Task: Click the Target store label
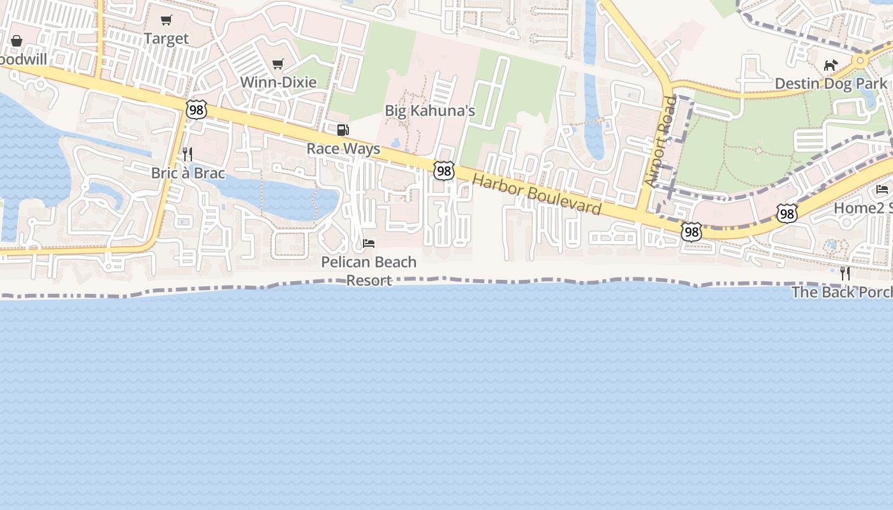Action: click(x=166, y=39)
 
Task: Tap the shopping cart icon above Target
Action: click(x=166, y=20)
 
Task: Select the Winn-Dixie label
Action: click(x=278, y=82)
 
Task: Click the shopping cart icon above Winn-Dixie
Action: click(x=277, y=64)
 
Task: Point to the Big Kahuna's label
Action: click(x=430, y=111)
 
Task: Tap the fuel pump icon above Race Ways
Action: click(x=343, y=130)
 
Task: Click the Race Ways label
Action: click(x=343, y=149)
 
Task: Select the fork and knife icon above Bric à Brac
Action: click(x=188, y=154)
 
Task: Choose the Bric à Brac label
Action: click(x=188, y=173)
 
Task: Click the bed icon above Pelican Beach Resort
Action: click(x=369, y=244)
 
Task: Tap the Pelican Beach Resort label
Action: click(x=369, y=271)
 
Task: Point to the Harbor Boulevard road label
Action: click(x=536, y=194)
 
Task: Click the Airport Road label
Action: click(x=660, y=142)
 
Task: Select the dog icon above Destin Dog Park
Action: click(x=830, y=65)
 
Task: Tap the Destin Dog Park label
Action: click(x=830, y=84)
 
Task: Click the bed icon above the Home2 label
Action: click(x=882, y=189)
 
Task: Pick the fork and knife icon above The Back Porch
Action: click(x=845, y=273)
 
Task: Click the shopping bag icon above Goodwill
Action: click(x=17, y=41)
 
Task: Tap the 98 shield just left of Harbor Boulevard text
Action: click(x=444, y=170)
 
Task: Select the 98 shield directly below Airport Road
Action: click(x=691, y=231)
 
